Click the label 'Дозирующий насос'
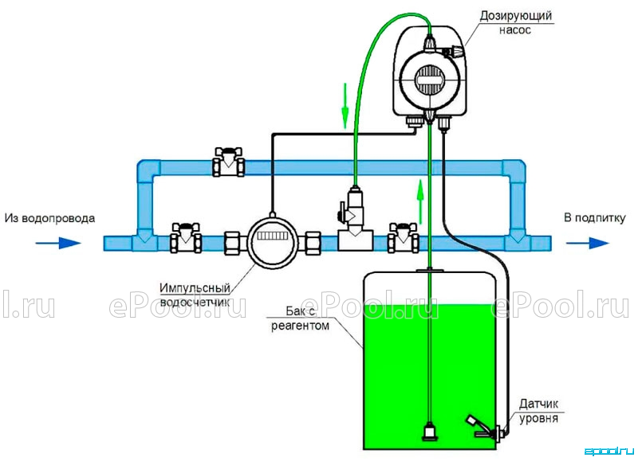515,23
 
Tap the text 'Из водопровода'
49,218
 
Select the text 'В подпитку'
594,217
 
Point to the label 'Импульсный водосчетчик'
195,295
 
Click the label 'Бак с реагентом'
300,318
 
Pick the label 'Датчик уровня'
538,411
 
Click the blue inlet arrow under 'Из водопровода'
58,244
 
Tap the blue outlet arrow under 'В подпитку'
587,244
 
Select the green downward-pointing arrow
345,106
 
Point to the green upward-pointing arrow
420,202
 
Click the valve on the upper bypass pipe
229,162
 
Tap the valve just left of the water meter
186,237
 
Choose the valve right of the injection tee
404,237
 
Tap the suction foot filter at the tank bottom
430,432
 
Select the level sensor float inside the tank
482,427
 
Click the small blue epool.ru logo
609,451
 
